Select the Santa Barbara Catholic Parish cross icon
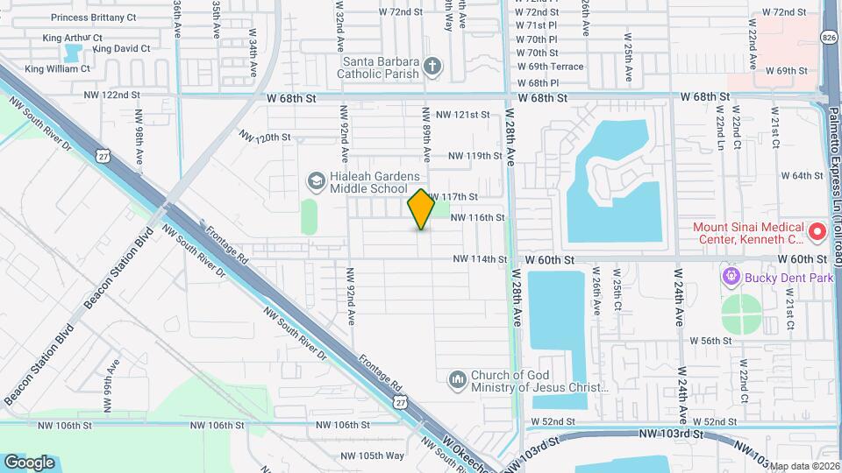point(432,66)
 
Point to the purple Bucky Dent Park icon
point(730,278)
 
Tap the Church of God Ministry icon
point(456,379)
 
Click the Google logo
point(30,462)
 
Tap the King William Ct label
point(58,68)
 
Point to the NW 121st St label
point(462,115)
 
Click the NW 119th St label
point(474,156)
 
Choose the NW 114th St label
point(481,259)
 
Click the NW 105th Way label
point(372,455)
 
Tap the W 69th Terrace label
point(550,67)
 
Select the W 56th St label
point(711,340)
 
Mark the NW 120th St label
point(265,137)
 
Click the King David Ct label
point(122,49)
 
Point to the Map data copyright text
point(804,466)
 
